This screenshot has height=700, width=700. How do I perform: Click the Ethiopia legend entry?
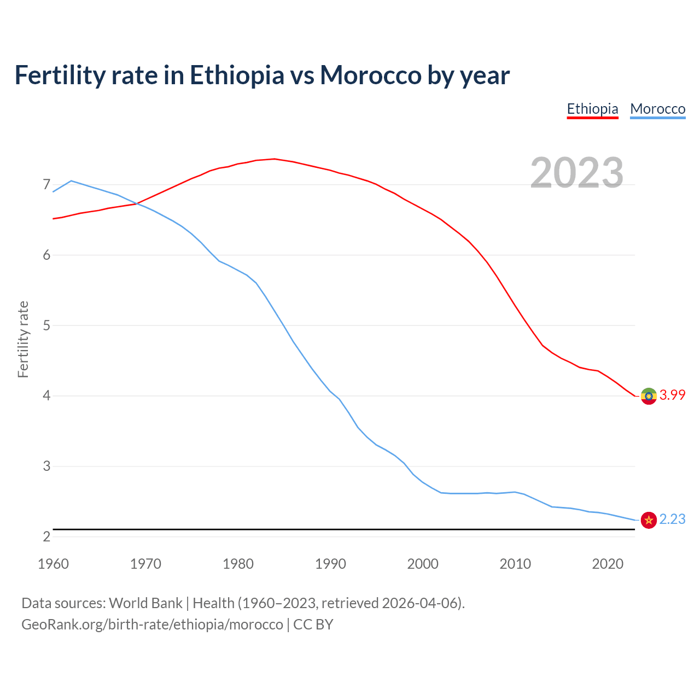coord(592,109)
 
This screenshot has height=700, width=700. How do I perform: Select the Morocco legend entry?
coord(657,109)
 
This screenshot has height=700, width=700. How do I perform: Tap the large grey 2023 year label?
coord(577,173)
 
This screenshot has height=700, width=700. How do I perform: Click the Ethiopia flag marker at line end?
coord(649,396)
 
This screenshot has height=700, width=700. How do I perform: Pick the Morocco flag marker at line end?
coord(649,520)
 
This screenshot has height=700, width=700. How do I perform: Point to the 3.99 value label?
coord(672,395)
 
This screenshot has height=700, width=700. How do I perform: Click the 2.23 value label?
coord(672,519)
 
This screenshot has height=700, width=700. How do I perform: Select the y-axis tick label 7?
coord(46,185)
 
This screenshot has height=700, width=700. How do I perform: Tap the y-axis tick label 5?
coord(46,325)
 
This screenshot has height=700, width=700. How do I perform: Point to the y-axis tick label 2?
coord(46,536)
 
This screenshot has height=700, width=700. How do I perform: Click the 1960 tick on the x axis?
coord(53,564)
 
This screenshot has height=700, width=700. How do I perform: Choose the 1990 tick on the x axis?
coord(330,564)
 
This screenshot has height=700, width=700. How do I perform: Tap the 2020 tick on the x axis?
coord(608,564)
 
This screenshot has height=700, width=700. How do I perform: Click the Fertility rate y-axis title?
coord(23,339)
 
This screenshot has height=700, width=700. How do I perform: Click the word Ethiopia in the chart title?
coord(237,75)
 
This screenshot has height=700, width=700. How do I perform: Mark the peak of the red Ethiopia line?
coord(275,159)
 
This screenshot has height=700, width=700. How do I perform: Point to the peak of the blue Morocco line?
coord(71,180)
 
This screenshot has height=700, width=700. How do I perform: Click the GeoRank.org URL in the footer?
coord(152,624)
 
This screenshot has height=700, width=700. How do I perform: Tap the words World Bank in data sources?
coord(145,603)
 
